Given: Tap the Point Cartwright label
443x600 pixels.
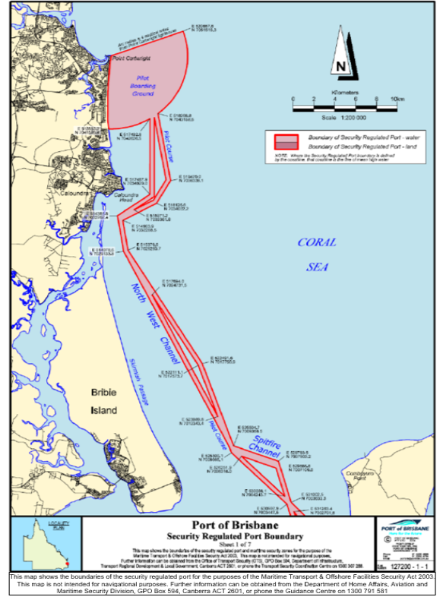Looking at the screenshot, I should click(x=126, y=58).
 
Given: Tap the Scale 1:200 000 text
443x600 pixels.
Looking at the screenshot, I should click(x=344, y=118).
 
